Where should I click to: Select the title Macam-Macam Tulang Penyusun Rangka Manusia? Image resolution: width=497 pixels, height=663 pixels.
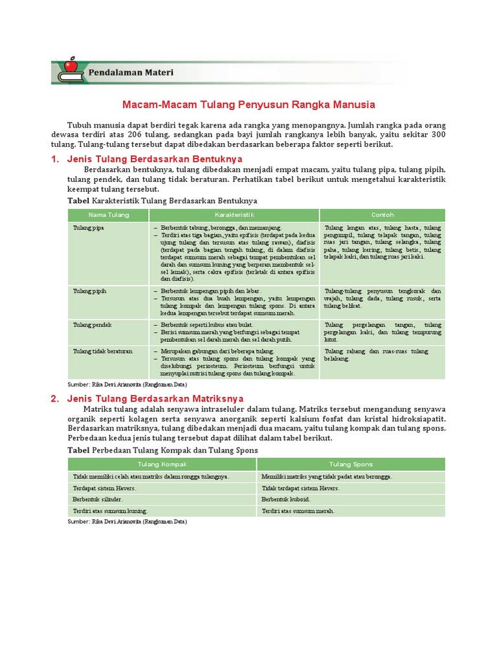pyautogui.click(x=248, y=104)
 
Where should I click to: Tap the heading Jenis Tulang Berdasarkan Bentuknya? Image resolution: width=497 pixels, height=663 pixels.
pyautogui.click(x=155, y=159)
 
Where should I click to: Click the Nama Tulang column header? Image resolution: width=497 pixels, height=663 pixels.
pyautogui.click(x=109, y=215)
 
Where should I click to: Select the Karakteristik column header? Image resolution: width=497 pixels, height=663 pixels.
pyautogui.click(x=234, y=215)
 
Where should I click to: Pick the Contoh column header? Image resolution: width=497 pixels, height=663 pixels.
pyautogui.click(x=382, y=215)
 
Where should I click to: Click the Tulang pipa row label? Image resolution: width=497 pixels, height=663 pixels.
pyautogui.click(x=89, y=229)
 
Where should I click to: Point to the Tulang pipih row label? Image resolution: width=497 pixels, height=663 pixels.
pyautogui.click(x=89, y=291)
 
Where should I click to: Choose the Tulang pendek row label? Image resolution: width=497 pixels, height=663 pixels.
pyautogui.click(x=92, y=324)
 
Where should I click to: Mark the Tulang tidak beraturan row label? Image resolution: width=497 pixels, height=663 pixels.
pyautogui.click(x=103, y=351)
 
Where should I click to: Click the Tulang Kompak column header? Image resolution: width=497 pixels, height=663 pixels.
pyautogui.click(x=162, y=464)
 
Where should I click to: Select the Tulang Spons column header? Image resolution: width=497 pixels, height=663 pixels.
pyautogui.click(x=350, y=464)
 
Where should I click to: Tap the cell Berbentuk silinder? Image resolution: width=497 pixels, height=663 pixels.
pyautogui.click(x=98, y=499)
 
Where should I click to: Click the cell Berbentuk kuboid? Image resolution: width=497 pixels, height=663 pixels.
pyautogui.click(x=285, y=499)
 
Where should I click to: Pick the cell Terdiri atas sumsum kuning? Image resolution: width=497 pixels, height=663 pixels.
pyautogui.click(x=111, y=511)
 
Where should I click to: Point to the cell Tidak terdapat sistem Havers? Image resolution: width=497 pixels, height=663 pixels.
pyautogui.click(x=300, y=488)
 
